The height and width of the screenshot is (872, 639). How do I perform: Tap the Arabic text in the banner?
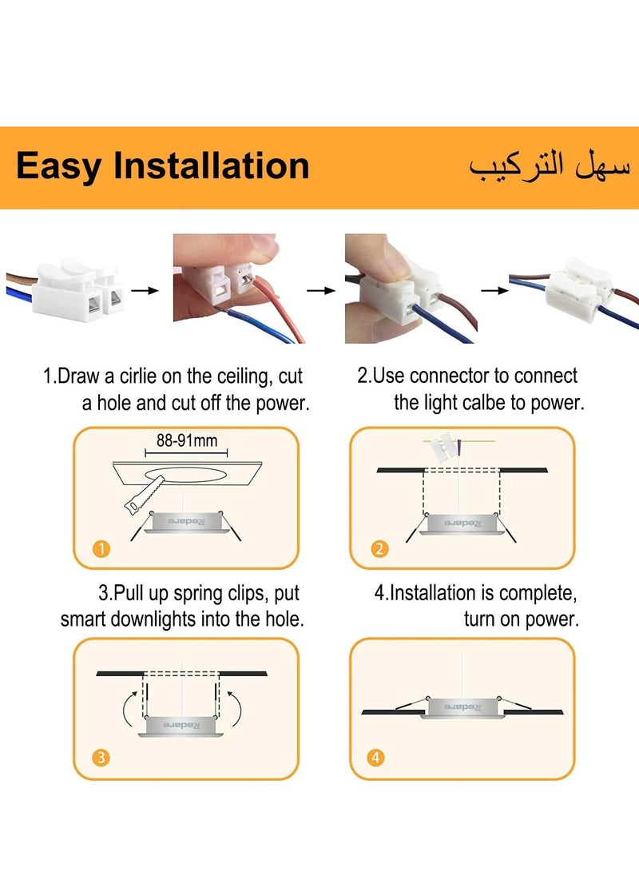click(550, 166)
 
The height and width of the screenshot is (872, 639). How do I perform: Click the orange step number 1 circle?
click(101, 548)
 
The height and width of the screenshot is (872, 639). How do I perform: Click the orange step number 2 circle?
click(379, 548)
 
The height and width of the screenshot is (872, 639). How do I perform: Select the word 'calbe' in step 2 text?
click(484, 403)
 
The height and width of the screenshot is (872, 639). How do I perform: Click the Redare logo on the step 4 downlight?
click(461, 707)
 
